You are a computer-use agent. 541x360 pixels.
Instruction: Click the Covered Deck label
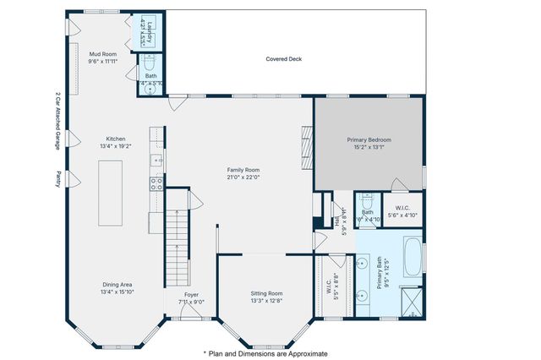tap(283, 59)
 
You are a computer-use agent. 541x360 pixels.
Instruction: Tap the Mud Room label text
tap(103, 54)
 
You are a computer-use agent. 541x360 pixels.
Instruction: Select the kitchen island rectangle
tap(110, 192)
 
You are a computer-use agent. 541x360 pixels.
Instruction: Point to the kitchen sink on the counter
tap(156, 159)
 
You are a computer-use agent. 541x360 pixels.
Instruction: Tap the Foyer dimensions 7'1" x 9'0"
tap(192, 301)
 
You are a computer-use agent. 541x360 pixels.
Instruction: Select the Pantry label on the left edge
tap(58, 178)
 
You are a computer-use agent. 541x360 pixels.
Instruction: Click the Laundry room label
tap(147, 30)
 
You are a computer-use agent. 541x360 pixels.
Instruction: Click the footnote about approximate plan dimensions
tap(265, 353)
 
